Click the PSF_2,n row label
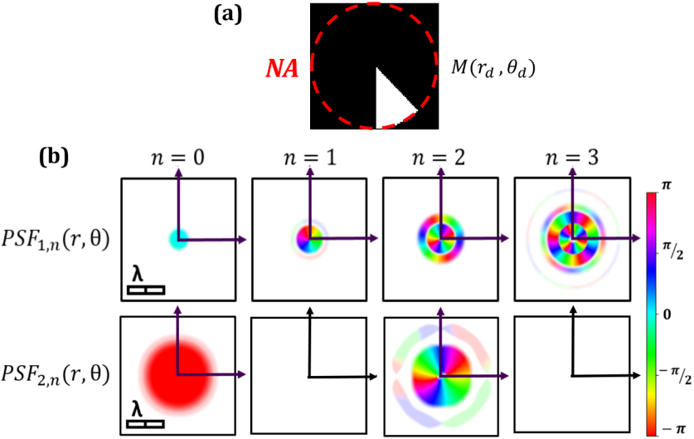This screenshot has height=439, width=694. point(59,376)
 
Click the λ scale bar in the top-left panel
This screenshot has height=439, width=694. point(146,289)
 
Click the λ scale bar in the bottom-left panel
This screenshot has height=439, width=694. point(146,424)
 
